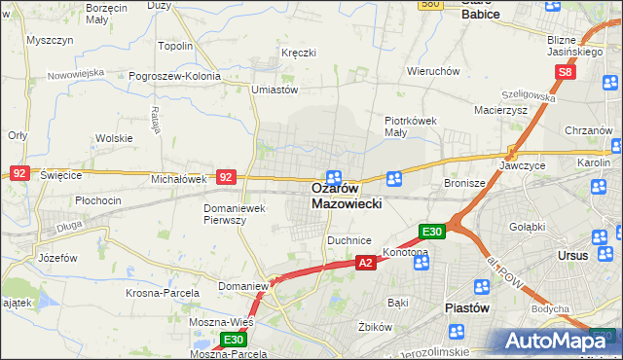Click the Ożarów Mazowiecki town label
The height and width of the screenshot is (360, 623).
tap(348, 196)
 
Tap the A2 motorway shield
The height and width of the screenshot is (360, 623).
tap(365, 263)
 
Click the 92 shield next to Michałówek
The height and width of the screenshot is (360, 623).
tap(226, 177)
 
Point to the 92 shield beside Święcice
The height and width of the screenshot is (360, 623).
tap(19, 173)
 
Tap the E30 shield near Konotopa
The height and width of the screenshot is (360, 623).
tap(432, 232)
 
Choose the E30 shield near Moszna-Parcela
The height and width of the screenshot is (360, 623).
tap(232, 340)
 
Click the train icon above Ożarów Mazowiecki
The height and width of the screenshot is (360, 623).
tap(334, 176)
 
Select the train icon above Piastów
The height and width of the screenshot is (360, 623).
tap(481, 287)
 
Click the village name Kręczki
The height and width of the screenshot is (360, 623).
tap(298, 52)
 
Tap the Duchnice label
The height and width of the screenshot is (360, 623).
tap(349, 238)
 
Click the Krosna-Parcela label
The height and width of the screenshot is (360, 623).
tap(163, 293)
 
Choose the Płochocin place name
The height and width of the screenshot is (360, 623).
tap(97, 200)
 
